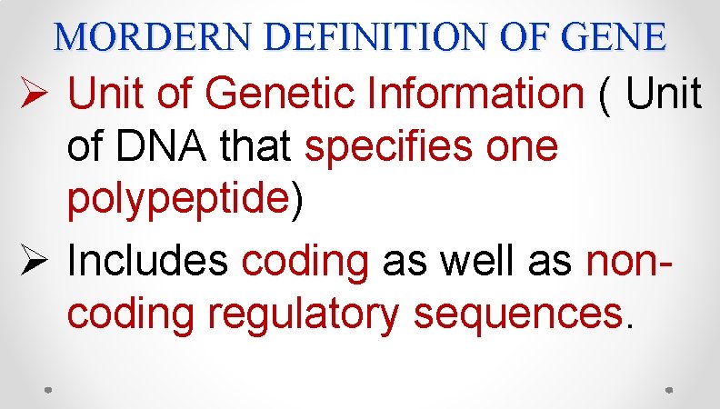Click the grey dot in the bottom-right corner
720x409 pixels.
(x=668, y=389)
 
